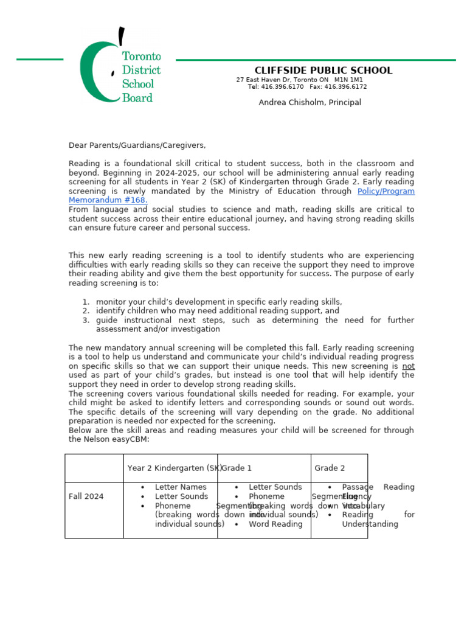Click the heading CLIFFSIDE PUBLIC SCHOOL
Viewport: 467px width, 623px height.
(x=323, y=71)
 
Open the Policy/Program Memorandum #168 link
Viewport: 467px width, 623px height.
(x=386, y=191)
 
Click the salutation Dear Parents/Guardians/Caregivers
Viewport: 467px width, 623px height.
(x=137, y=145)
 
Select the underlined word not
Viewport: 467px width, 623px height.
(x=408, y=366)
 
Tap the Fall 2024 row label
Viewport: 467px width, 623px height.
(x=86, y=496)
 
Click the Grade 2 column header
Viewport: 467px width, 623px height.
(x=330, y=468)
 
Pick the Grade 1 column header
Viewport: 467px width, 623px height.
(x=237, y=468)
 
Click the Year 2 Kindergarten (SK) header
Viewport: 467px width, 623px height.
(x=174, y=468)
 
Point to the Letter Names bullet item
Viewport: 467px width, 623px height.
(x=181, y=487)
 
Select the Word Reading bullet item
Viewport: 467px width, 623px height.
(x=275, y=524)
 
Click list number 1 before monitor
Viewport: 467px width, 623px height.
(x=85, y=302)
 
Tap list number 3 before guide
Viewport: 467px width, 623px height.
(x=85, y=320)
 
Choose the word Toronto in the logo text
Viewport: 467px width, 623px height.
(x=141, y=57)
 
